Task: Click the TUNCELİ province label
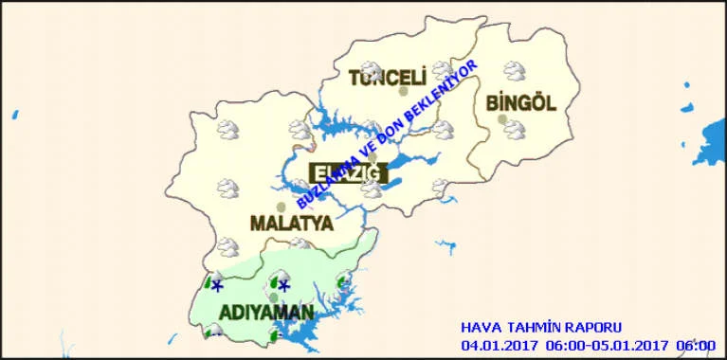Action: [386, 78]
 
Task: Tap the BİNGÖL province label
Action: [519, 102]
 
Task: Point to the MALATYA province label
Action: [291, 224]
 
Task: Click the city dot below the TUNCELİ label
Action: [403, 92]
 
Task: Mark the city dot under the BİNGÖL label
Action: [501, 119]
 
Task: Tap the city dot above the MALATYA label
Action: [281, 207]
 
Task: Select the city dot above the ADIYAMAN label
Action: [273, 297]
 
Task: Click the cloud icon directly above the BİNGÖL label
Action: [515, 71]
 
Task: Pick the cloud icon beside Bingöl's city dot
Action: [515, 127]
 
